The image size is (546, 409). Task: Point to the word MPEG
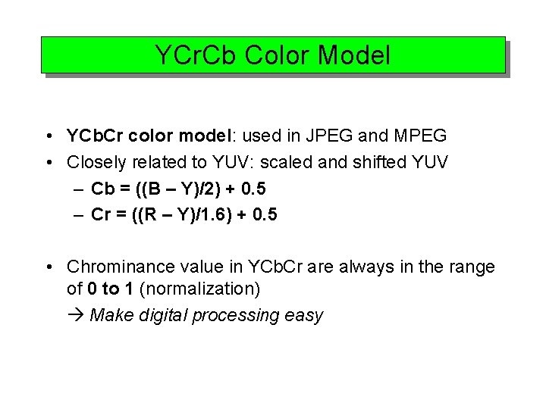419,136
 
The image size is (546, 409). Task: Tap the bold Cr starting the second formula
101,214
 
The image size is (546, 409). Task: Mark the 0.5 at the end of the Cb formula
263,189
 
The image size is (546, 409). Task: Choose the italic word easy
306,315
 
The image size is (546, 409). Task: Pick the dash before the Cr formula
79,214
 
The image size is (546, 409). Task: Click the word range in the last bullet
472,267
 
